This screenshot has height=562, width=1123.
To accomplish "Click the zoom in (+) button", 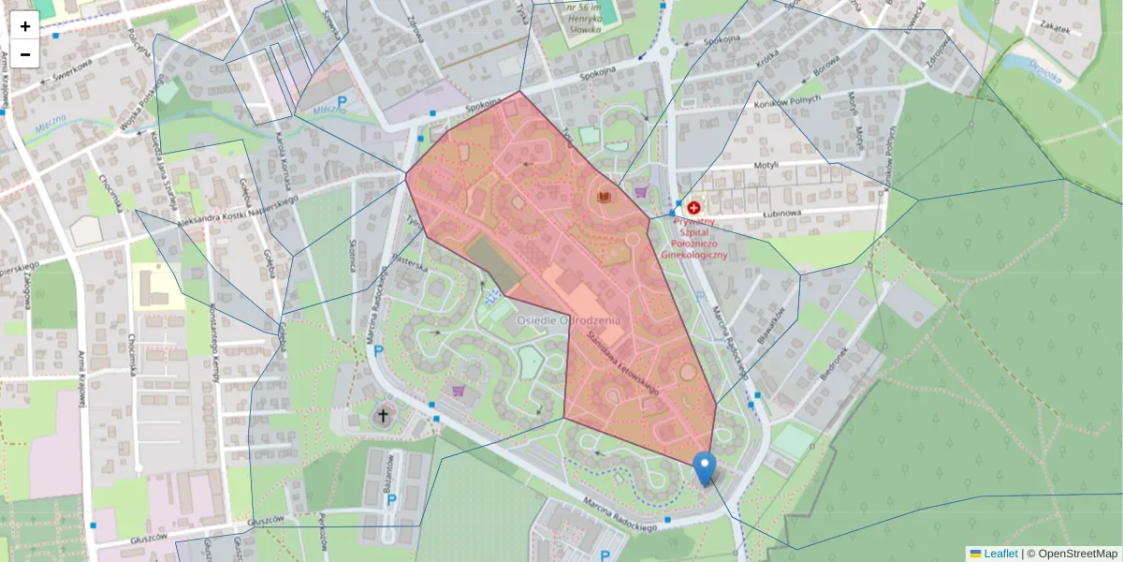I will pos(25,26).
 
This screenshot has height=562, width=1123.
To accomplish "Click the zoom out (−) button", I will pos(25,54).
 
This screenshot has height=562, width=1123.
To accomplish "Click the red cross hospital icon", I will pos(694,207).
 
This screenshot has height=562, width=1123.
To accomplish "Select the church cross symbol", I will pos(382,415).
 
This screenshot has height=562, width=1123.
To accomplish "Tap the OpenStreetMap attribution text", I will pos(1076,554).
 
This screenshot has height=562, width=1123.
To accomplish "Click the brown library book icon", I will pos(605,196).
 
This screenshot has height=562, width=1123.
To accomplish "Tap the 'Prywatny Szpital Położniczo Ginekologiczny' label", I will pos(693,231).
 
